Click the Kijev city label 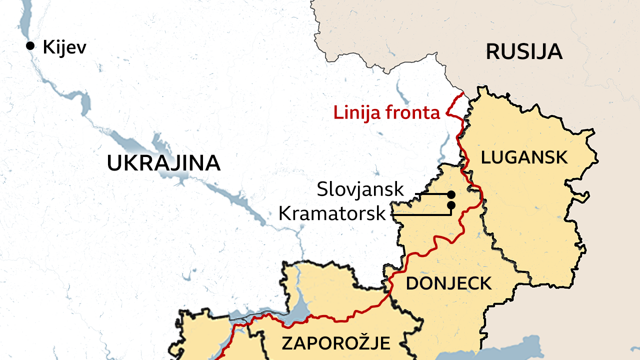(64, 47)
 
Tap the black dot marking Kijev (30, 46)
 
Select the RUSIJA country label (524, 52)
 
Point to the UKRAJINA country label (163, 163)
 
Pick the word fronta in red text (412, 113)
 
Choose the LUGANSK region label (524, 157)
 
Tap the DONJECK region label (448, 283)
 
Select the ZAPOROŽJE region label (335, 343)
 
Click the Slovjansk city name (360, 189)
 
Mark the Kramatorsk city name (332, 213)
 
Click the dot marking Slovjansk (451, 194)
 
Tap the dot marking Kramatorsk (451, 205)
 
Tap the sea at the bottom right (505, 350)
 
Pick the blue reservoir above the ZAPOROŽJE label (302, 307)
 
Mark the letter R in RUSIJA (492, 52)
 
